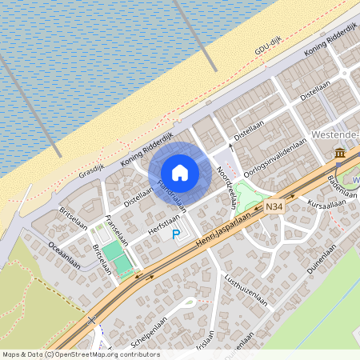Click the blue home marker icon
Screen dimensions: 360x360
[180, 173]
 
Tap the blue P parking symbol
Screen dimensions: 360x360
[176, 234]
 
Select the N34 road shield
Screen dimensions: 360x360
[274, 207]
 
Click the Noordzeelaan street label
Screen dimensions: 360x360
[226, 187]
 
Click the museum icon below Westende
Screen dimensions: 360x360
[340, 152]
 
